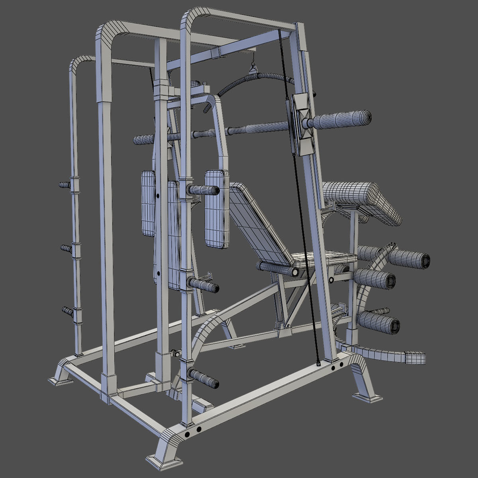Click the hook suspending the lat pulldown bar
pos(252,64)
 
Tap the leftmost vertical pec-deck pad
pos(148,203)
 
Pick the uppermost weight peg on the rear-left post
pos(65,185)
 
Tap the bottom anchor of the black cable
pos(318,363)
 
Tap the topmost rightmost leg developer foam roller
pos(410,258)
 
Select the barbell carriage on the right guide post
pos(301,123)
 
